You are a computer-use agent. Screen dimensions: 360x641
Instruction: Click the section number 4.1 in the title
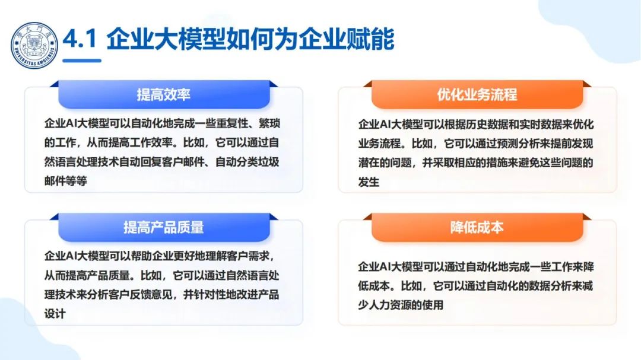pos(80,40)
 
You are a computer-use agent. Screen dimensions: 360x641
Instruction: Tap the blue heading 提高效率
pos(163,95)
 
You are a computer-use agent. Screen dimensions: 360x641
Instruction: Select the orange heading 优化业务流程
pos(477,95)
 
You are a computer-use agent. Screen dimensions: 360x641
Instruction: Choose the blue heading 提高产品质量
pos(163,227)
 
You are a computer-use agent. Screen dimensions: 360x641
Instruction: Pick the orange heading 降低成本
pos(477,227)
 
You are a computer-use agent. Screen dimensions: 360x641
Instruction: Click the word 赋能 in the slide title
pos(373,40)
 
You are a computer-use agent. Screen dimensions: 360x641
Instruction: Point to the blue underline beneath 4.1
pos(82,60)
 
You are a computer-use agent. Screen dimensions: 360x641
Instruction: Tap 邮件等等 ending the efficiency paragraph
pos(65,181)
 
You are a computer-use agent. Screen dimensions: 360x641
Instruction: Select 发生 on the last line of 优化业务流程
pos(369,182)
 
